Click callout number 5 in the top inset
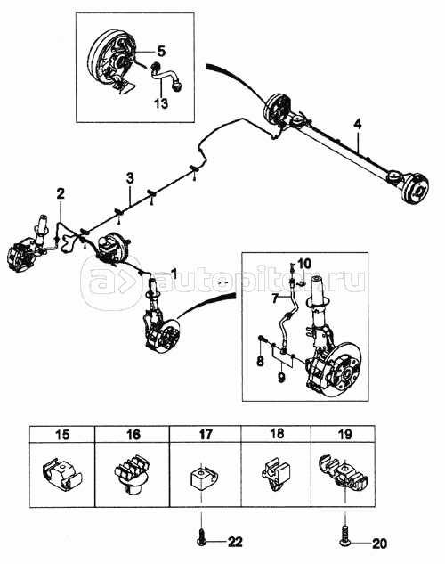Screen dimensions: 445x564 pyautogui.click(x=162, y=52)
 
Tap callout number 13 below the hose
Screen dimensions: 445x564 pyautogui.click(x=161, y=103)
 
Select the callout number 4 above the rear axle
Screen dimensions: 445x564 pyautogui.click(x=358, y=125)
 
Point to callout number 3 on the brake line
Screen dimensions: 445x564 pyautogui.click(x=130, y=177)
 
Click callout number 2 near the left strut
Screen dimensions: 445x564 pyautogui.click(x=61, y=193)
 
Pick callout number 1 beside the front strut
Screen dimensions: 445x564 pyautogui.click(x=174, y=274)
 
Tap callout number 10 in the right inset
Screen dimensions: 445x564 pyautogui.click(x=305, y=264)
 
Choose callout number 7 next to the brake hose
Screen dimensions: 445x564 pyautogui.click(x=275, y=298)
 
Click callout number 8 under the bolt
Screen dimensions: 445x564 pyautogui.click(x=260, y=361)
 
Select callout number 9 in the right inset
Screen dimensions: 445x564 pyautogui.click(x=281, y=377)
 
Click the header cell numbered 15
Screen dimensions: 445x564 pyautogui.click(x=62, y=435)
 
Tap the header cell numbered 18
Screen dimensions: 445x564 pyautogui.click(x=276, y=434)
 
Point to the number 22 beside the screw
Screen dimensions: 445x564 pyautogui.click(x=235, y=542)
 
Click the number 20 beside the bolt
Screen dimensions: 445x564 pyautogui.click(x=379, y=544)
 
